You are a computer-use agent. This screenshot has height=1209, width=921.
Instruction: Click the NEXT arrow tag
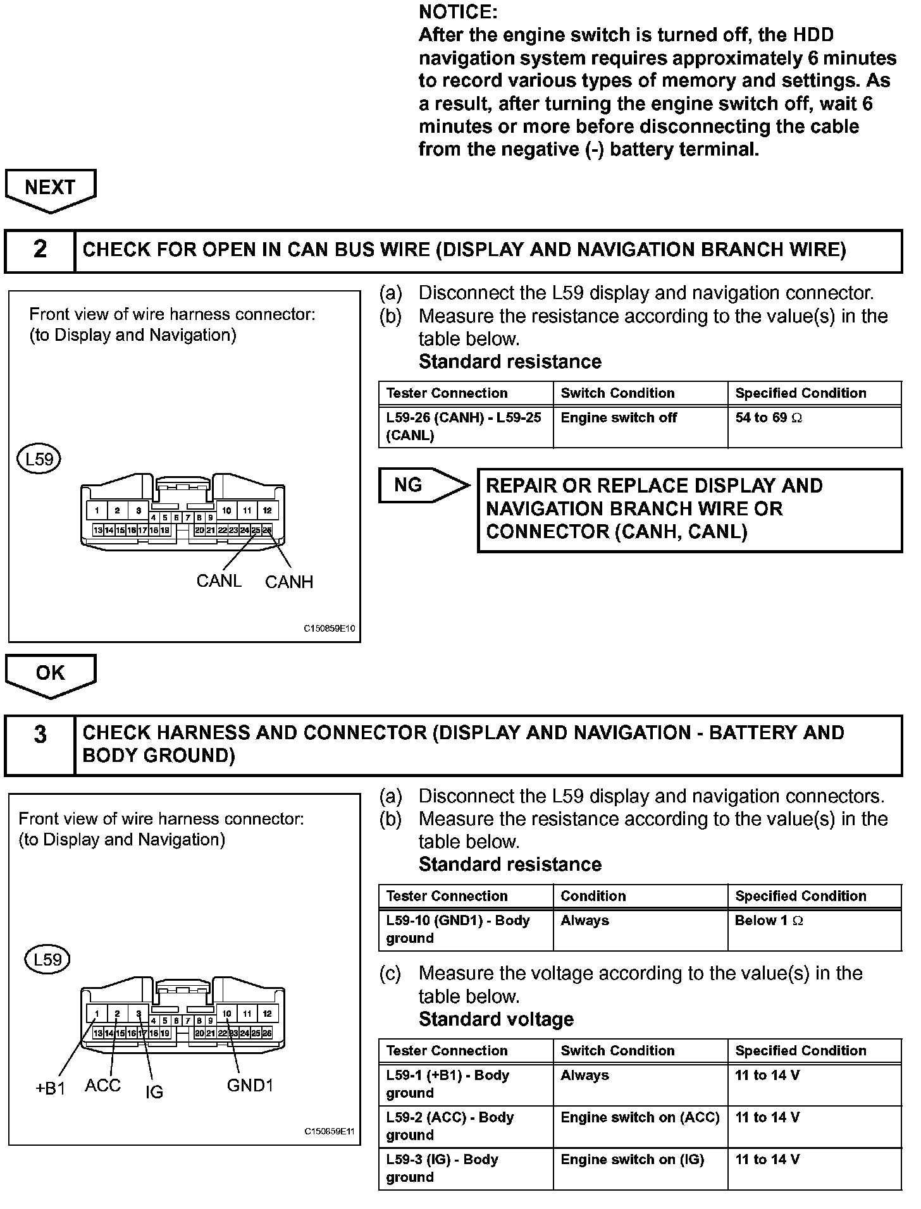click(x=51, y=188)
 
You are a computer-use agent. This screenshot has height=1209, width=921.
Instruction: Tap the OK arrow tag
click(x=51, y=673)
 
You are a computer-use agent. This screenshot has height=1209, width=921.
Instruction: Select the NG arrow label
click(x=409, y=485)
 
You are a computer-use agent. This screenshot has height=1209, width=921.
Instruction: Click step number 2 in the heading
click(x=40, y=250)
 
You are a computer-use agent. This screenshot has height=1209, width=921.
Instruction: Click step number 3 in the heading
click(x=40, y=735)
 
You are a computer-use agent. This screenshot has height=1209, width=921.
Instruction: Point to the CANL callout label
click(x=219, y=580)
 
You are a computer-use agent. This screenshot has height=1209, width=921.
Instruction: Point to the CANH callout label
click(x=289, y=582)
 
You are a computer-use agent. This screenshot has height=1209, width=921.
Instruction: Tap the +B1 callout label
click(x=51, y=1089)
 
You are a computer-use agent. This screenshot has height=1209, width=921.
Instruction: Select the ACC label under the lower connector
click(x=102, y=1086)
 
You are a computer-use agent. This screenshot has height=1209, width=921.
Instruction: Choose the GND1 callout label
click(x=250, y=1086)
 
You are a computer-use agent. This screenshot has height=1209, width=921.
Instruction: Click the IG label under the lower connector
click(x=154, y=1091)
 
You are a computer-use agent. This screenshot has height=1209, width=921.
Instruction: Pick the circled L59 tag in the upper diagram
click(x=39, y=459)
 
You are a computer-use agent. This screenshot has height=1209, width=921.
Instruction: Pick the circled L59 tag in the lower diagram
click(x=47, y=960)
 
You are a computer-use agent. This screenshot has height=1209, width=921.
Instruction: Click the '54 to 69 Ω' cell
click(x=769, y=418)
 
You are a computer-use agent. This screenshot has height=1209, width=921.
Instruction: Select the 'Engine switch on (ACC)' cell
click(x=640, y=1117)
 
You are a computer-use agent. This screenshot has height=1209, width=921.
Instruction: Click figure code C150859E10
click(x=330, y=629)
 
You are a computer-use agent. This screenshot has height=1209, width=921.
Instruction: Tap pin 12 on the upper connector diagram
click(x=268, y=510)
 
